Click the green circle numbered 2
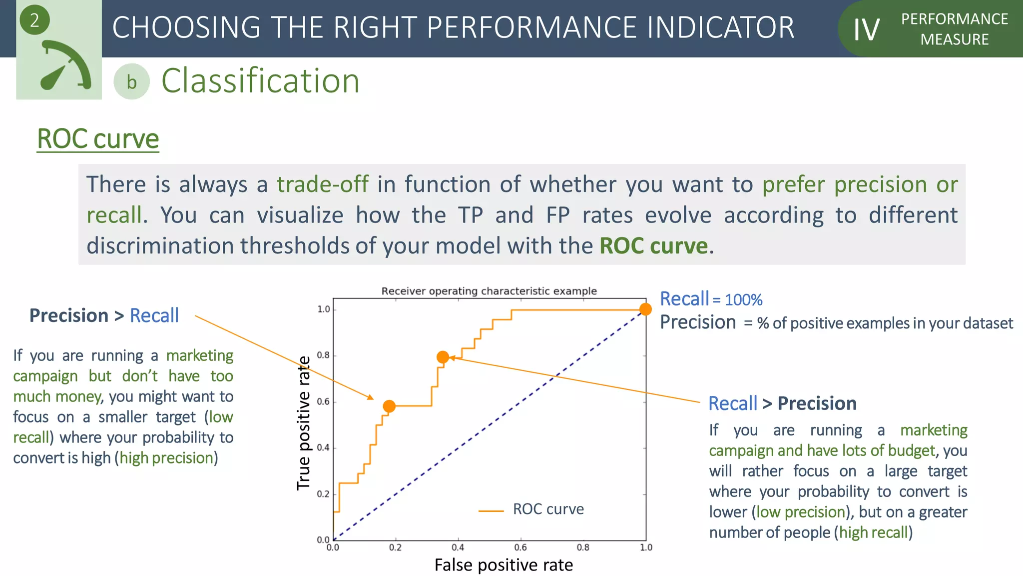coord(34,20)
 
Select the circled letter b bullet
coord(131,82)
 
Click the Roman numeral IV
coord(866,30)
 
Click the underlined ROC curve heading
coord(98,139)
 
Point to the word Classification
coord(260,81)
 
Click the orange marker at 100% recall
coord(645,309)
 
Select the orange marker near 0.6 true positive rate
coord(389,406)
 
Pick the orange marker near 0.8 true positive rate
coord(443,357)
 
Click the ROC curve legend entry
coord(547,509)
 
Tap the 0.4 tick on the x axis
coord(458,547)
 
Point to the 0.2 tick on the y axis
coord(323,494)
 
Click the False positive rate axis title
coord(504,565)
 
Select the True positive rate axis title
coord(304,423)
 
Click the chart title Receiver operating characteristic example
coord(489,291)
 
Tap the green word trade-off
coord(323,184)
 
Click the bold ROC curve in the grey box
coord(653,246)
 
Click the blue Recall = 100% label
coord(711,299)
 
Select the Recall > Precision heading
coord(782,403)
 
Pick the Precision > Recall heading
coord(104,316)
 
